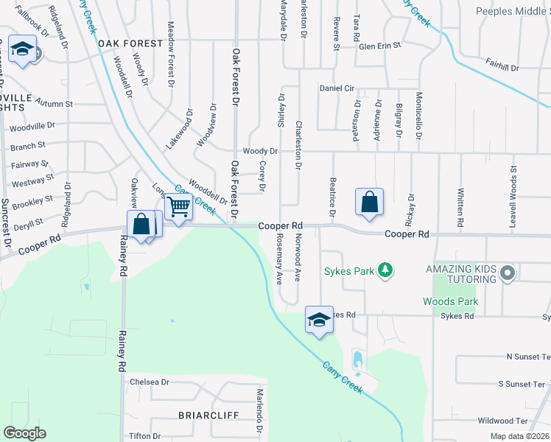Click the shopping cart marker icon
[x=179, y=206]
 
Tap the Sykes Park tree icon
[x=384, y=270]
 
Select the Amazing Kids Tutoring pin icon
[x=507, y=274]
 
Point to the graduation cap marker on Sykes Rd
[x=319, y=320]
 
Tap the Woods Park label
[x=450, y=301]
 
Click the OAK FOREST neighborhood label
[x=130, y=43]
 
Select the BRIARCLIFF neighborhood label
[x=208, y=415]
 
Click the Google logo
[x=24, y=433]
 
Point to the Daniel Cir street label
[x=337, y=88]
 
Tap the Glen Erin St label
[x=379, y=46]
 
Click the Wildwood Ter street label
[x=503, y=421]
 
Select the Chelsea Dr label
[x=149, y=382]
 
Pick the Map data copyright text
[x=519, y=436]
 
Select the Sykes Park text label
[x=349, y=271]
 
